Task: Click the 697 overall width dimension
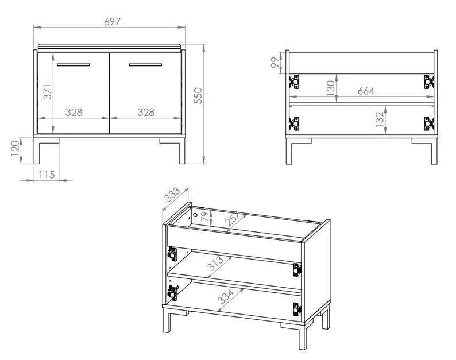coord(112,21)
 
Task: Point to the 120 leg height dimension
coord(16,150)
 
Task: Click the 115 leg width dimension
coord(46,175)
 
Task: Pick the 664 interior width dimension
coord(366,91)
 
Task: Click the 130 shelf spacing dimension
coord(330,89)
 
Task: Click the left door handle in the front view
coord(72,64)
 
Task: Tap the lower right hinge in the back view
coord(428,123)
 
